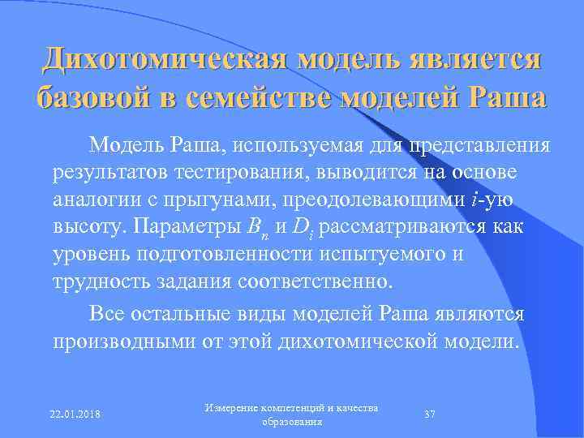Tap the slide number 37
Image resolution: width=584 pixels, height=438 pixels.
click(431, 414)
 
